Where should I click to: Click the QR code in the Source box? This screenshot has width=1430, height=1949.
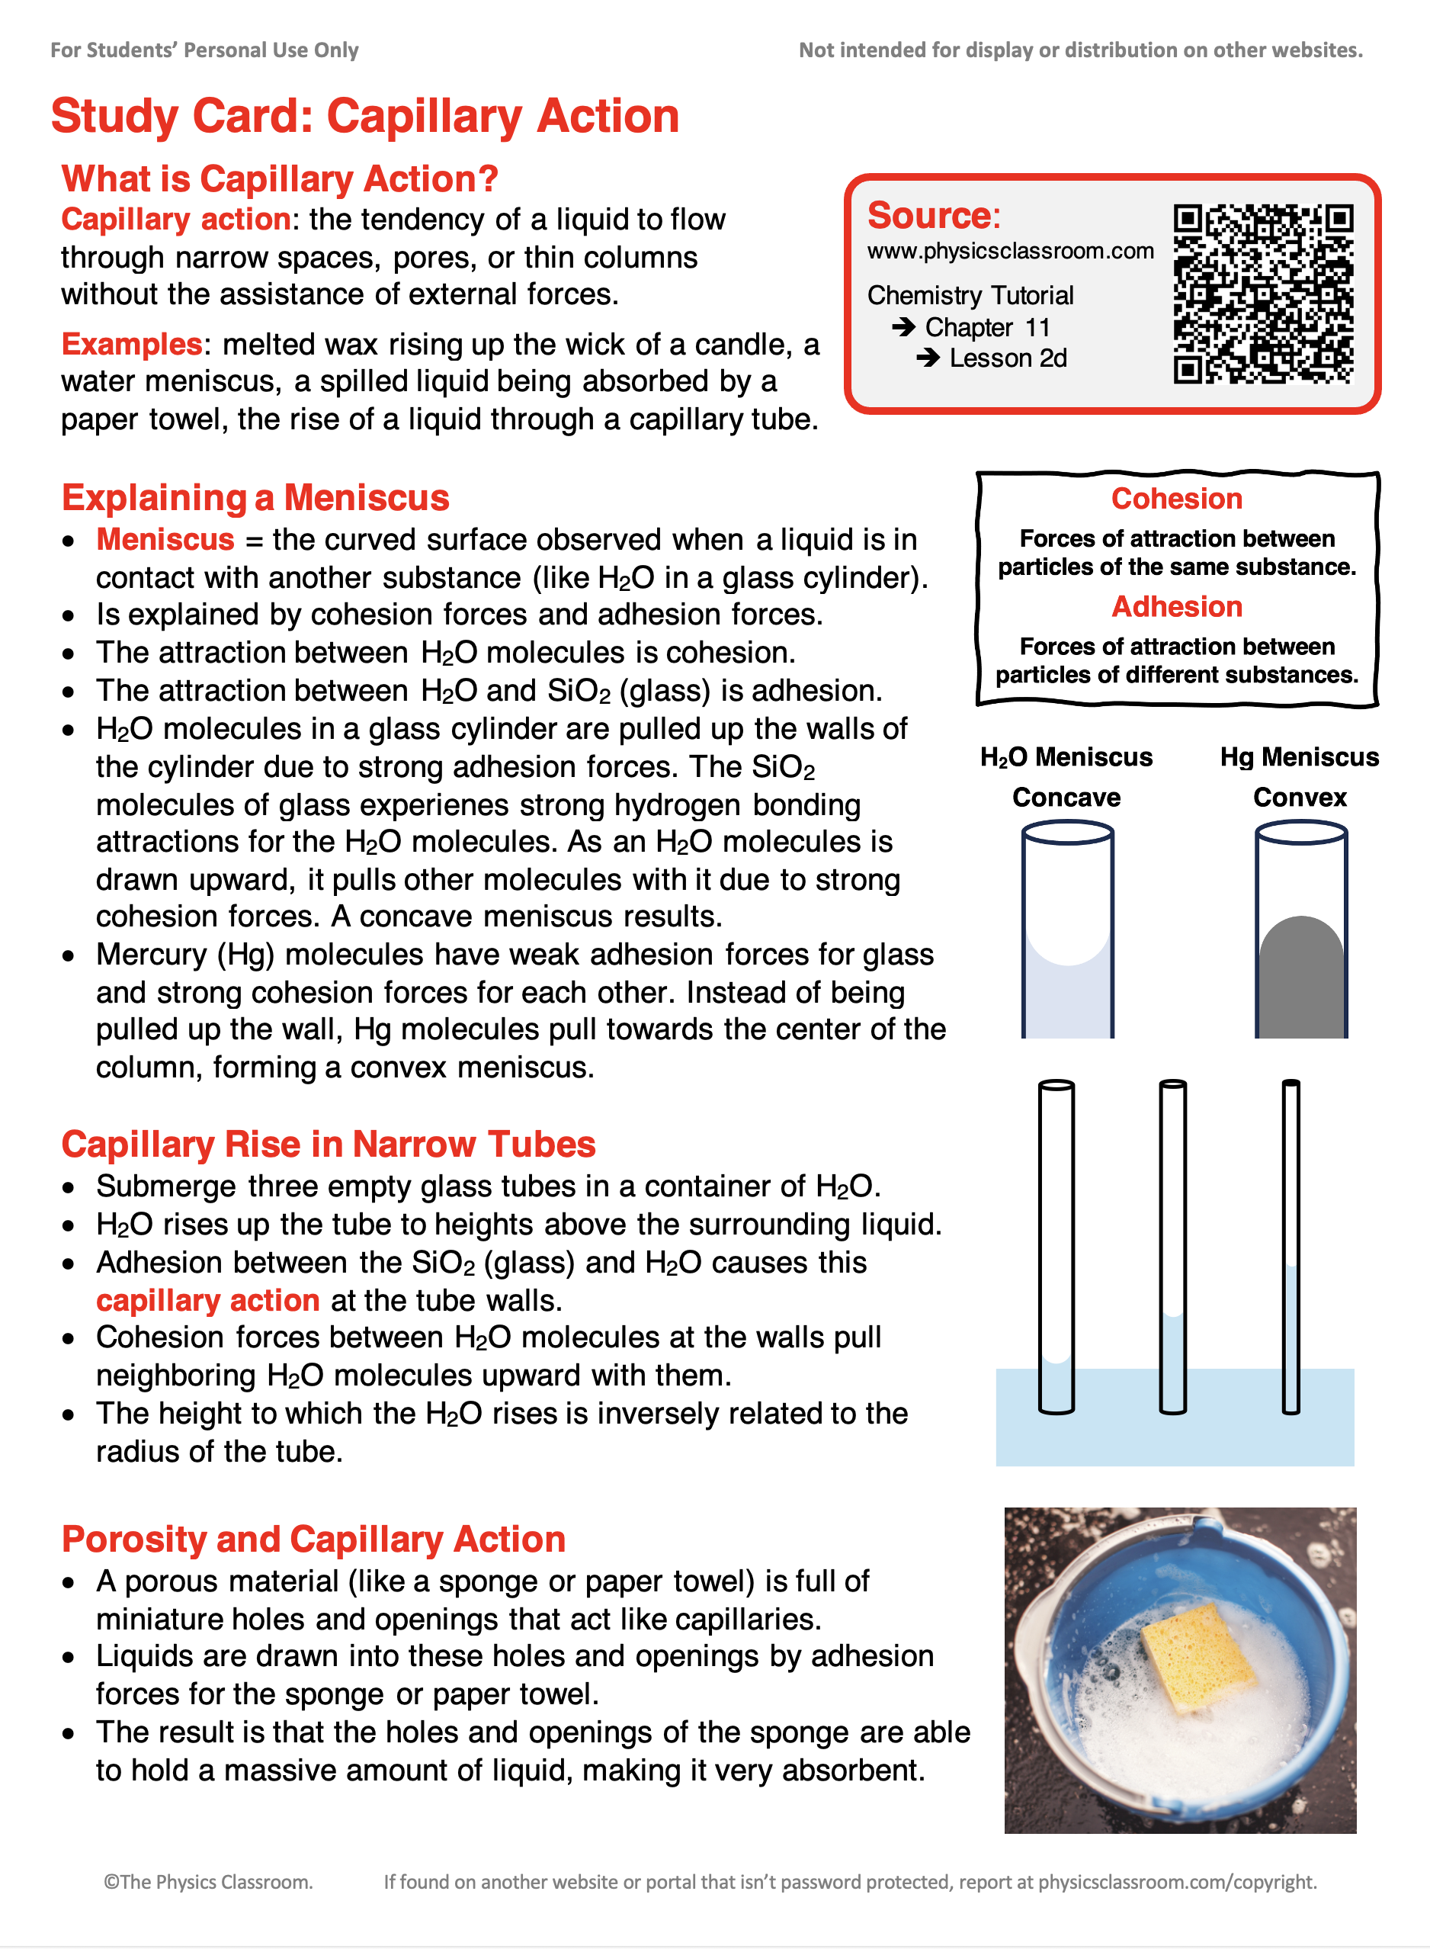pyautogui.click(x=1262, y=294)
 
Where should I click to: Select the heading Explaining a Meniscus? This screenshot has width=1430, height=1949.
pyautogui.click(x=255, y=498)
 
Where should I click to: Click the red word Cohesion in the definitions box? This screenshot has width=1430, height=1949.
pyautogui.click(x=1175, y=499)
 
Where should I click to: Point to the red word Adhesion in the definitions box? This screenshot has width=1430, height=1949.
pyautogui.click(x=1175, y=606)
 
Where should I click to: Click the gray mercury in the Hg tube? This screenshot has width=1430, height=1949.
pyautogui.click(x=1300, y=983)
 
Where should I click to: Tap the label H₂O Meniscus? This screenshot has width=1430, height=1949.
pyautogui.click(x=1066, y=756)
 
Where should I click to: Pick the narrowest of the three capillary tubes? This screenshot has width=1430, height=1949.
pyautogui.click(x=1290, y=1247)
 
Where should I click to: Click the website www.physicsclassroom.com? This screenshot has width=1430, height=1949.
pyautogui.click(x=1009, y=251)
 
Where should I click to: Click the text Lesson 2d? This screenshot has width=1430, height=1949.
pyautogui.click(x=1008, y=358)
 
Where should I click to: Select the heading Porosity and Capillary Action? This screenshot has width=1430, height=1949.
pyautogui.click(x=313, y=1540)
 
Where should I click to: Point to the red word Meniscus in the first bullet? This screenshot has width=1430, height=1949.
pyautogui.click(x=165, y=539)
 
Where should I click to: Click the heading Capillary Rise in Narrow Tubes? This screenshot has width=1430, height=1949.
pyautogui.click(x=328, y=1145)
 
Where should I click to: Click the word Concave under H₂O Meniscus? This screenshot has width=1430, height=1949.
pyautogui.click(x=1066, y=798)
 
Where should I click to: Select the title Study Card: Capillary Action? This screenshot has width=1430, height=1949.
pyautogui.click(x=364, y=116)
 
